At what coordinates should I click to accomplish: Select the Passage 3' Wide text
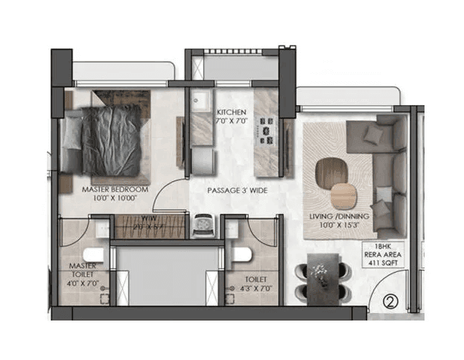coord(237,191)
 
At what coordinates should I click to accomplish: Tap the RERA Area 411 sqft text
coord(381,255)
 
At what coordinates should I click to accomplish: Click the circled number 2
coord(390,302)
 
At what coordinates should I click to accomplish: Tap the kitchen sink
coord(200,104)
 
